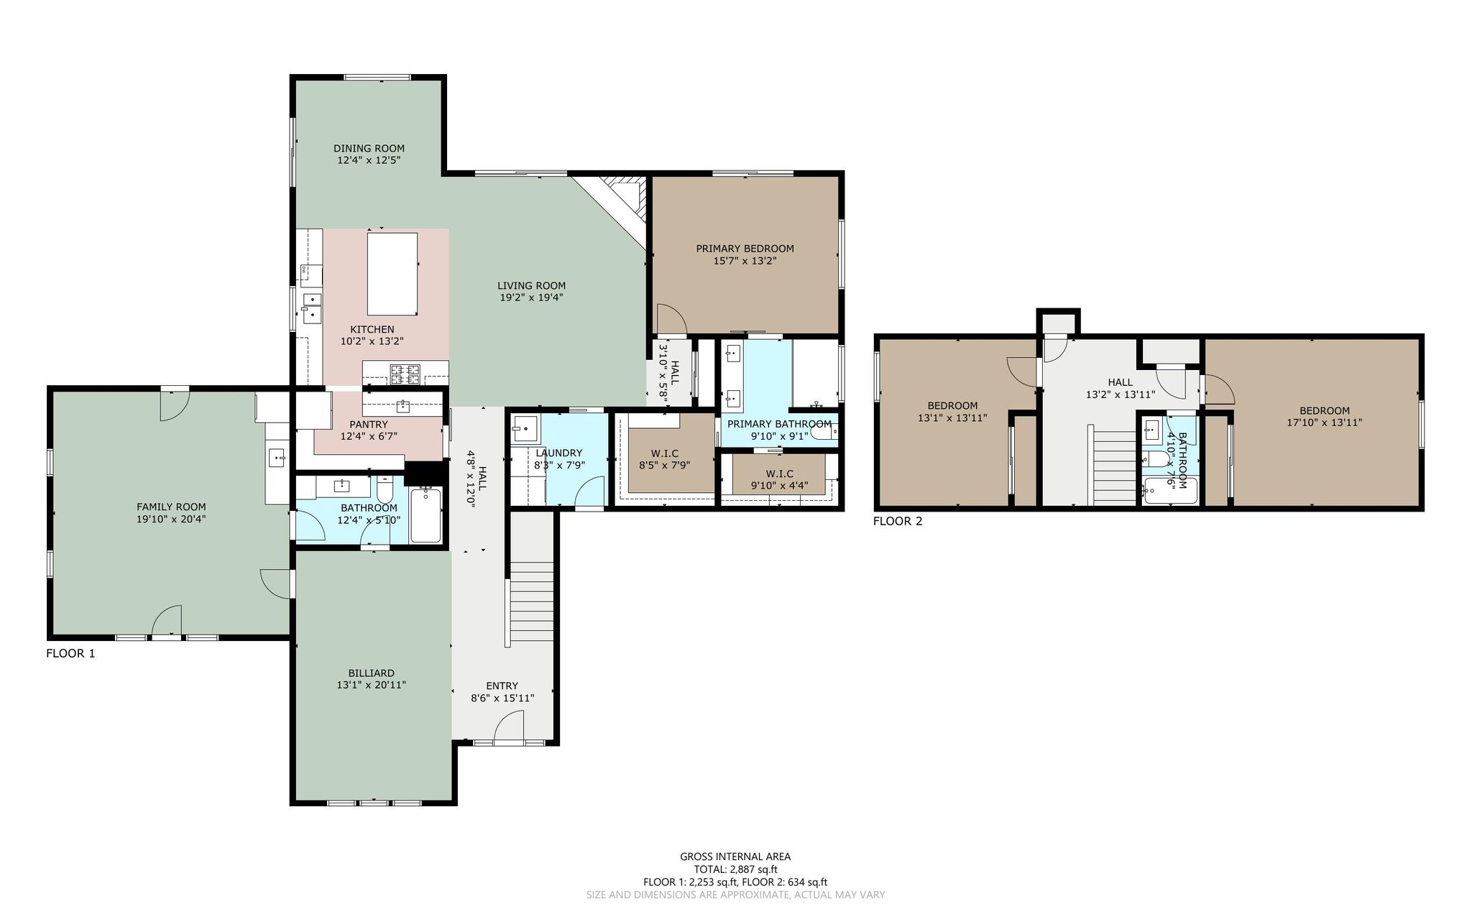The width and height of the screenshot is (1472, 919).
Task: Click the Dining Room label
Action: tap(369, 149)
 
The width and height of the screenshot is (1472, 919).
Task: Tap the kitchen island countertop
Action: tap(392, 274)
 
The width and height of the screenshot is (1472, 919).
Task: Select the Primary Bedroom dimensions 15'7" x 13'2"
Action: tap(745, 262)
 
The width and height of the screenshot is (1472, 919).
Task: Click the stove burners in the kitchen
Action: tap(405, 372)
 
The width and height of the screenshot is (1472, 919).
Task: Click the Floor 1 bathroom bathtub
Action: tap(426, 514)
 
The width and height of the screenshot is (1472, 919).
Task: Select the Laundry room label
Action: tap(558, 453)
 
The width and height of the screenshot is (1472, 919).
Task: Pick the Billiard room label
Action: tap(371, 673)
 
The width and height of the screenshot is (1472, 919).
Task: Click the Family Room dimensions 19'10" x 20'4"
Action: tap(171, 519)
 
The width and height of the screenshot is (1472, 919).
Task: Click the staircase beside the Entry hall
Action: tap(531, 604)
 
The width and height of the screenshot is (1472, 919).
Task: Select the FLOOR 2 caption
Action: tap(897, 522)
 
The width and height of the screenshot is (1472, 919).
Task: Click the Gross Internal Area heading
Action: tap(735, 856)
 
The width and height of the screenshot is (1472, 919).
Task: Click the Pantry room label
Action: tap(369, 425)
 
